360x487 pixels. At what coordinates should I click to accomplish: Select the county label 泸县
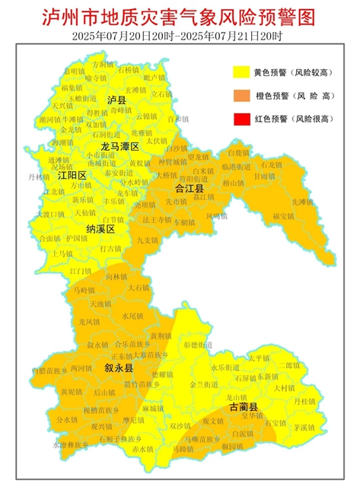click(116, 100)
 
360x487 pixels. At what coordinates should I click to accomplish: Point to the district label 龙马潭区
click(120, 145)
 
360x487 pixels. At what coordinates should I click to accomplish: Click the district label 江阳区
click(72, 175)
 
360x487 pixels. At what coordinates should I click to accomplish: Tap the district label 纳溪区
click(100, 228)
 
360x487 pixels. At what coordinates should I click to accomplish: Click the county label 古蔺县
click(244, 407)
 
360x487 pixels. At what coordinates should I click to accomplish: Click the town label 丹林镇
click(37, 177)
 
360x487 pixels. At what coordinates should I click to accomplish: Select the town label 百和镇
click(177, 119)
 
